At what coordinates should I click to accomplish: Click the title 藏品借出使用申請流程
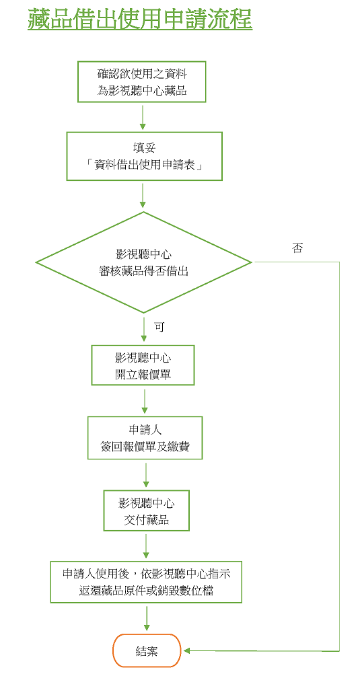[x=140, y=20]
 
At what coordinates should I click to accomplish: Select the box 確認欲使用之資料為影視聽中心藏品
[x=142, y=82]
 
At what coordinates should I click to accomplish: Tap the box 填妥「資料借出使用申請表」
[x=144, y=156]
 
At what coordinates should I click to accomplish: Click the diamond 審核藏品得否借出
[x=143, y=262]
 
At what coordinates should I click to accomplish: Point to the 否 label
[x=297, y=248]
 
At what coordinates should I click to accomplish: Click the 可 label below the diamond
[x=159, y=327]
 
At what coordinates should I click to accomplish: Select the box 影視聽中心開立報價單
[x=143, y=365]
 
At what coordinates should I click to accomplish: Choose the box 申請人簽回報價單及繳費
[x=145, y=438]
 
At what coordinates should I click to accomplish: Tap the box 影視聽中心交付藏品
[x=146, y=511]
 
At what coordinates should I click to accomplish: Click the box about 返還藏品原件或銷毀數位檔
[x=146, y=582]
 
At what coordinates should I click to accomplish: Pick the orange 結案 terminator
[x=147, y=650]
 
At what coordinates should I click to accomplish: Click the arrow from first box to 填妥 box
[x=142, y=116]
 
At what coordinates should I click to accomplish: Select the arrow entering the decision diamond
[x=143, y=195]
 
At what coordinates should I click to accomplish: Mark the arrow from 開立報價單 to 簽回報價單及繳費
[x=145, y=400]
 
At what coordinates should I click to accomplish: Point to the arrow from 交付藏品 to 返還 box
[x=147, y=546]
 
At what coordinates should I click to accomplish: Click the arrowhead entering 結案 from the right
[x=186, y=650]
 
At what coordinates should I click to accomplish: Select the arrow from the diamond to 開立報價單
[x=143, y=328]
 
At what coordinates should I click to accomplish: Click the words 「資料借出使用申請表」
[x=144, y=165]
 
